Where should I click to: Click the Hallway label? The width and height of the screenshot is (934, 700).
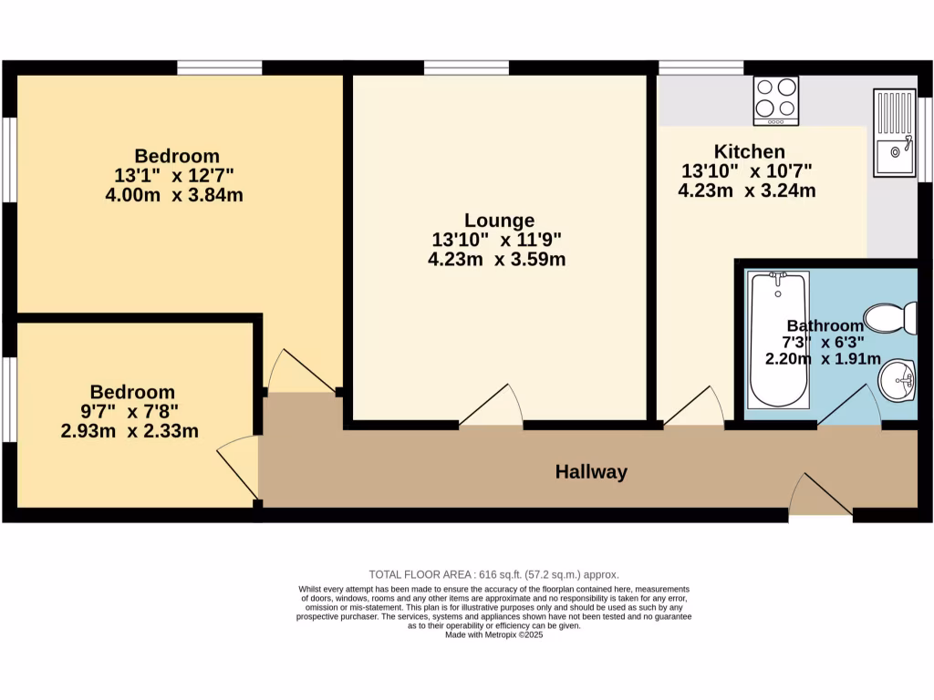tap(591, 471)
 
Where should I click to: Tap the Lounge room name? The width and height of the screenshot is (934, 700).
tap(499, 220)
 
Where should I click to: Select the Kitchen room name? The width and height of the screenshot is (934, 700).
tap(749, 151)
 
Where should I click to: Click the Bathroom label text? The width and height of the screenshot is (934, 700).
tap(825, 325)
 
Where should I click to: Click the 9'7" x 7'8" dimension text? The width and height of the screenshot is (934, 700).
tap(130, 411)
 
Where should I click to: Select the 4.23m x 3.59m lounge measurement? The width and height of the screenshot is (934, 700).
tap(496, 259)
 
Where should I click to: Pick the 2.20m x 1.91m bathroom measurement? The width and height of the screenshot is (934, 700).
tap(823, 359)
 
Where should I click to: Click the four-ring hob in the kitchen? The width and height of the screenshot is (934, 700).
tap(776, 99)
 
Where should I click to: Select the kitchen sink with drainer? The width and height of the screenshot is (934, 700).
tap(894, 132)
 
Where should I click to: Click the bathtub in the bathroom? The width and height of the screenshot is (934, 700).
tap(778, 339)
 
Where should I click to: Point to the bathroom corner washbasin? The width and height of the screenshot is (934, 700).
tap(900, 379)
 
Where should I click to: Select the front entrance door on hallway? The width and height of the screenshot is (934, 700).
tap(821, 496)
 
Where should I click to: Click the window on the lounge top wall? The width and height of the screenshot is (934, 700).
tap(466, 67)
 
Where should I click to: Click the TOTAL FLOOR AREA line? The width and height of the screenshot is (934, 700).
tap(493, 574)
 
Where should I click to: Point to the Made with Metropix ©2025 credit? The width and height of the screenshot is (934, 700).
tap(493, 635)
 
